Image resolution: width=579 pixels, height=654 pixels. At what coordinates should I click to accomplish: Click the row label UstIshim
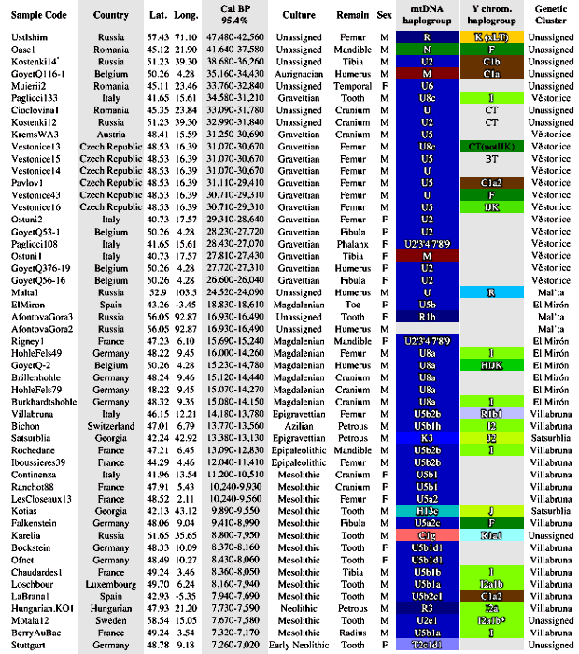click(27, 36)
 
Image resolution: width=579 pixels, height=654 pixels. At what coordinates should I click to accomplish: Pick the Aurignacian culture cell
click(299, 72)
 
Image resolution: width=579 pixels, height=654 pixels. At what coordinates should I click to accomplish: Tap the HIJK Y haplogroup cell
click(491, 363)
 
